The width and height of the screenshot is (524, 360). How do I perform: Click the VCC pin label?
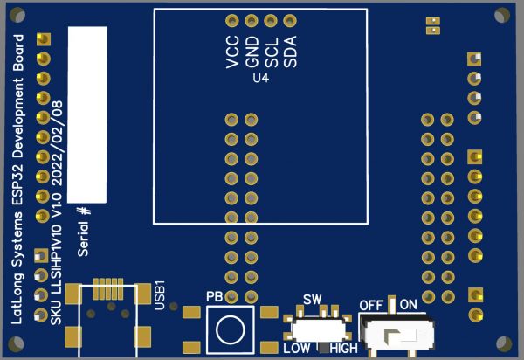(233, 52)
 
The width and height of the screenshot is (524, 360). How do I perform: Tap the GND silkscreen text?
(252, 52)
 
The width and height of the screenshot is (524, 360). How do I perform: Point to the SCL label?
(272, 52)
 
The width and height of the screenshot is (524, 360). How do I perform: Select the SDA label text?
(291, 52)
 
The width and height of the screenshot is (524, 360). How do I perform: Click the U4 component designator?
(260, 79)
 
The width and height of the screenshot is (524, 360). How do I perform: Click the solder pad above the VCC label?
(232, 21)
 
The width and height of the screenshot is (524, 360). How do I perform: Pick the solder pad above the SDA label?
(290, 21)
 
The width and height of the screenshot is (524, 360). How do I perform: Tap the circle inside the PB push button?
(231, 329)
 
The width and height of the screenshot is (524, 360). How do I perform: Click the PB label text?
(214, 296)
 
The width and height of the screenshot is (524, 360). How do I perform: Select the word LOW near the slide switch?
(297, 349)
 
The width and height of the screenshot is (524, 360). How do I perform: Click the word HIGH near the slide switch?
(344, 349)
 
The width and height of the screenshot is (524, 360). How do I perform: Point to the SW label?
(313, 300)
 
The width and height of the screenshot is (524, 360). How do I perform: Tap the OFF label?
(371, 305)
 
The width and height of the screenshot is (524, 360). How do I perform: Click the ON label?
(409, 304)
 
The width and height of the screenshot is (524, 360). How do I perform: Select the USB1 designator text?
(160, 295)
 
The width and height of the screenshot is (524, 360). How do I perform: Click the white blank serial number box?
(87, 114)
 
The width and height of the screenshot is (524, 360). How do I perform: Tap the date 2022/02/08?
(58, 143)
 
